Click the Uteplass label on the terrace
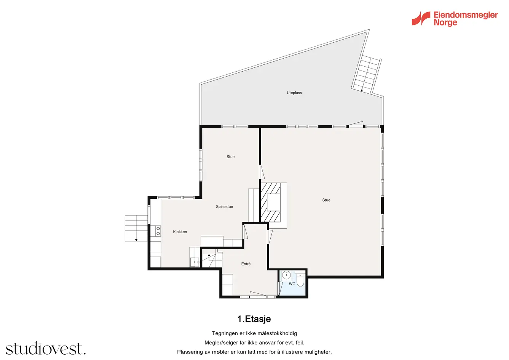click(x=294, y=93)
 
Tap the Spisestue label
click(x=224, y=207)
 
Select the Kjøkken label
click(x=180, y=232)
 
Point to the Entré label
click(x=246, y=264)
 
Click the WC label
click(x=292, y=284)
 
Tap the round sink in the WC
click(x=287, y=275)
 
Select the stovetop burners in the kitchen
click(x=158, y=231)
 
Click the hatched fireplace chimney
click(x=270, y=203)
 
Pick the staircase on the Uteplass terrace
click(x=366, y=74)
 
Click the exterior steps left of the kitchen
click(x=136, y=228)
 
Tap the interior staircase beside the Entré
click(x=212, y=260)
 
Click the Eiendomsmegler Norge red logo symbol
click(x=421, y=18)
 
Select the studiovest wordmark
click(x=46, y=348)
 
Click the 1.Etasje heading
click(x=254, y=319)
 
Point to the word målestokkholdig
click(x=277, y=333)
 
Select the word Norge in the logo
click(x=445, y=22)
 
